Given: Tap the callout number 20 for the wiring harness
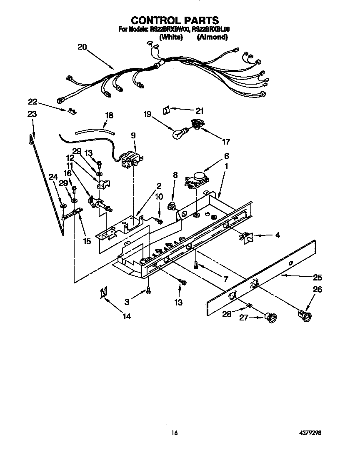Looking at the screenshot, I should point(82,47).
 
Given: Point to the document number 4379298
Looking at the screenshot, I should point(310,433).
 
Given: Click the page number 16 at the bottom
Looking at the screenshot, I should point(175,433).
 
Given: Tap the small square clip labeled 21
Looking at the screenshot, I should point(166,110).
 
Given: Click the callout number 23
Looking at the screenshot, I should point(32,114).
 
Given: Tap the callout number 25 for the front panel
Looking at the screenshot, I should point(317,277).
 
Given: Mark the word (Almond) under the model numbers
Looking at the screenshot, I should point(212,37).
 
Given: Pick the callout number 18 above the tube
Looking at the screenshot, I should point(109,115).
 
